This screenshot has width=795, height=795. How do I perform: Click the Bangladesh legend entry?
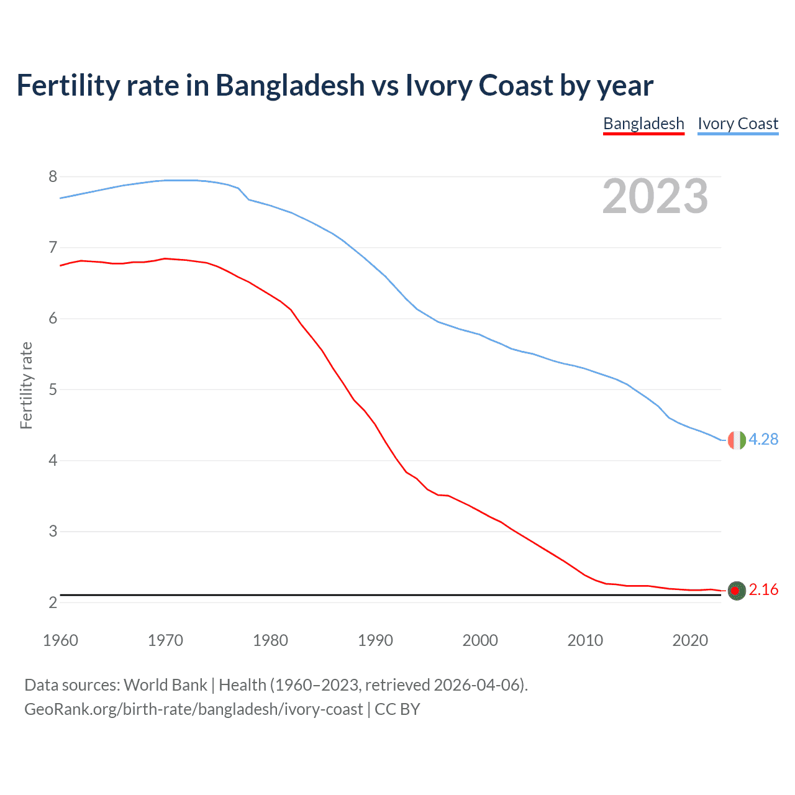[643, 124]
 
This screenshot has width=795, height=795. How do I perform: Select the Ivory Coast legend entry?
[738, 124]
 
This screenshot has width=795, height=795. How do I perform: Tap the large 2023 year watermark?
[655, 196]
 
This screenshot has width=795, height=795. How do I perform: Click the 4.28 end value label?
[763, 439]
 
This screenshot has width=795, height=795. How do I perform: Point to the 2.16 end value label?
[763, 589]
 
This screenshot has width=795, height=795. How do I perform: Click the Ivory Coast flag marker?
[736, 440]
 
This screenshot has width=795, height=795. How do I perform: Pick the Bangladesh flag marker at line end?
[737, 591]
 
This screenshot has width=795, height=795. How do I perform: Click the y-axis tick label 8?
[53, 177]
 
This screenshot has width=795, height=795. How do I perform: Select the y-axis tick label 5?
[53, 390]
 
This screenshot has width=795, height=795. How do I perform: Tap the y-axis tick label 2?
[53, 602]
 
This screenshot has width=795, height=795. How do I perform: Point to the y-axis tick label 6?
[53, 319]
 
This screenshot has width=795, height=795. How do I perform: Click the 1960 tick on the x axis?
[60, 640]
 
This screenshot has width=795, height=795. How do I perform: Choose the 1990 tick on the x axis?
[375, 640]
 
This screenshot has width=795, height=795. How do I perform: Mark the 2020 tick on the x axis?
[690, 640]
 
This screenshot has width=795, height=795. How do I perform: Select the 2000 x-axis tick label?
[480, 640]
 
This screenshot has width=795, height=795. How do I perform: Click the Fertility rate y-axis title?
[26, 385]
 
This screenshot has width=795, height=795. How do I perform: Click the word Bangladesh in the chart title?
[290, 85]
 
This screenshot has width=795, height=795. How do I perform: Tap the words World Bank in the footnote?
[165, 685]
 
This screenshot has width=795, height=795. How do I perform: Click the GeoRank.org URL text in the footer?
[193, 709]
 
